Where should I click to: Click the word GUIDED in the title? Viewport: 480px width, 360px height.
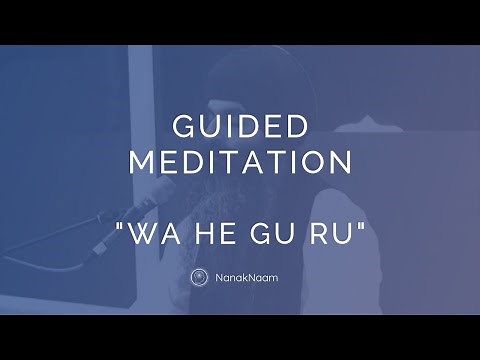[x=240, y=128]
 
